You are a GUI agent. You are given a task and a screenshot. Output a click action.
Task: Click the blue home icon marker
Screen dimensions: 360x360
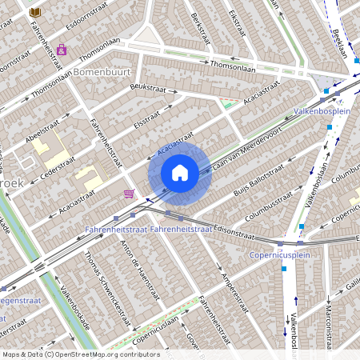pos(180,173)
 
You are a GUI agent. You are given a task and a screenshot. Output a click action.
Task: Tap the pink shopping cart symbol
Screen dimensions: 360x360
pos(129,194)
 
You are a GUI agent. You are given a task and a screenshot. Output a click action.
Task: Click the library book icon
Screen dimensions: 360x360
pos(34,11)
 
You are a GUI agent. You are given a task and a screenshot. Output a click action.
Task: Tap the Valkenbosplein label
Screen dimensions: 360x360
pos(322,110)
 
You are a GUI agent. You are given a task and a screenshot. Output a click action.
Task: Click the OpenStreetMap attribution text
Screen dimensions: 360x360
pos(80,354)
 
